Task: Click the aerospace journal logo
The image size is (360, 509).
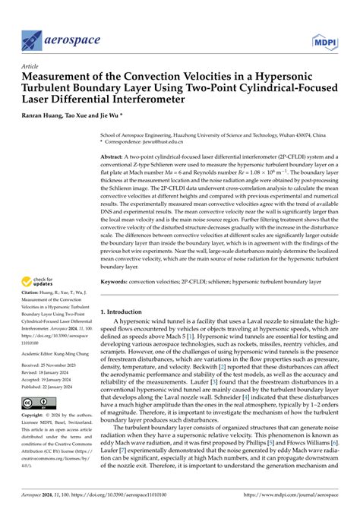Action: tap(57, 38)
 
